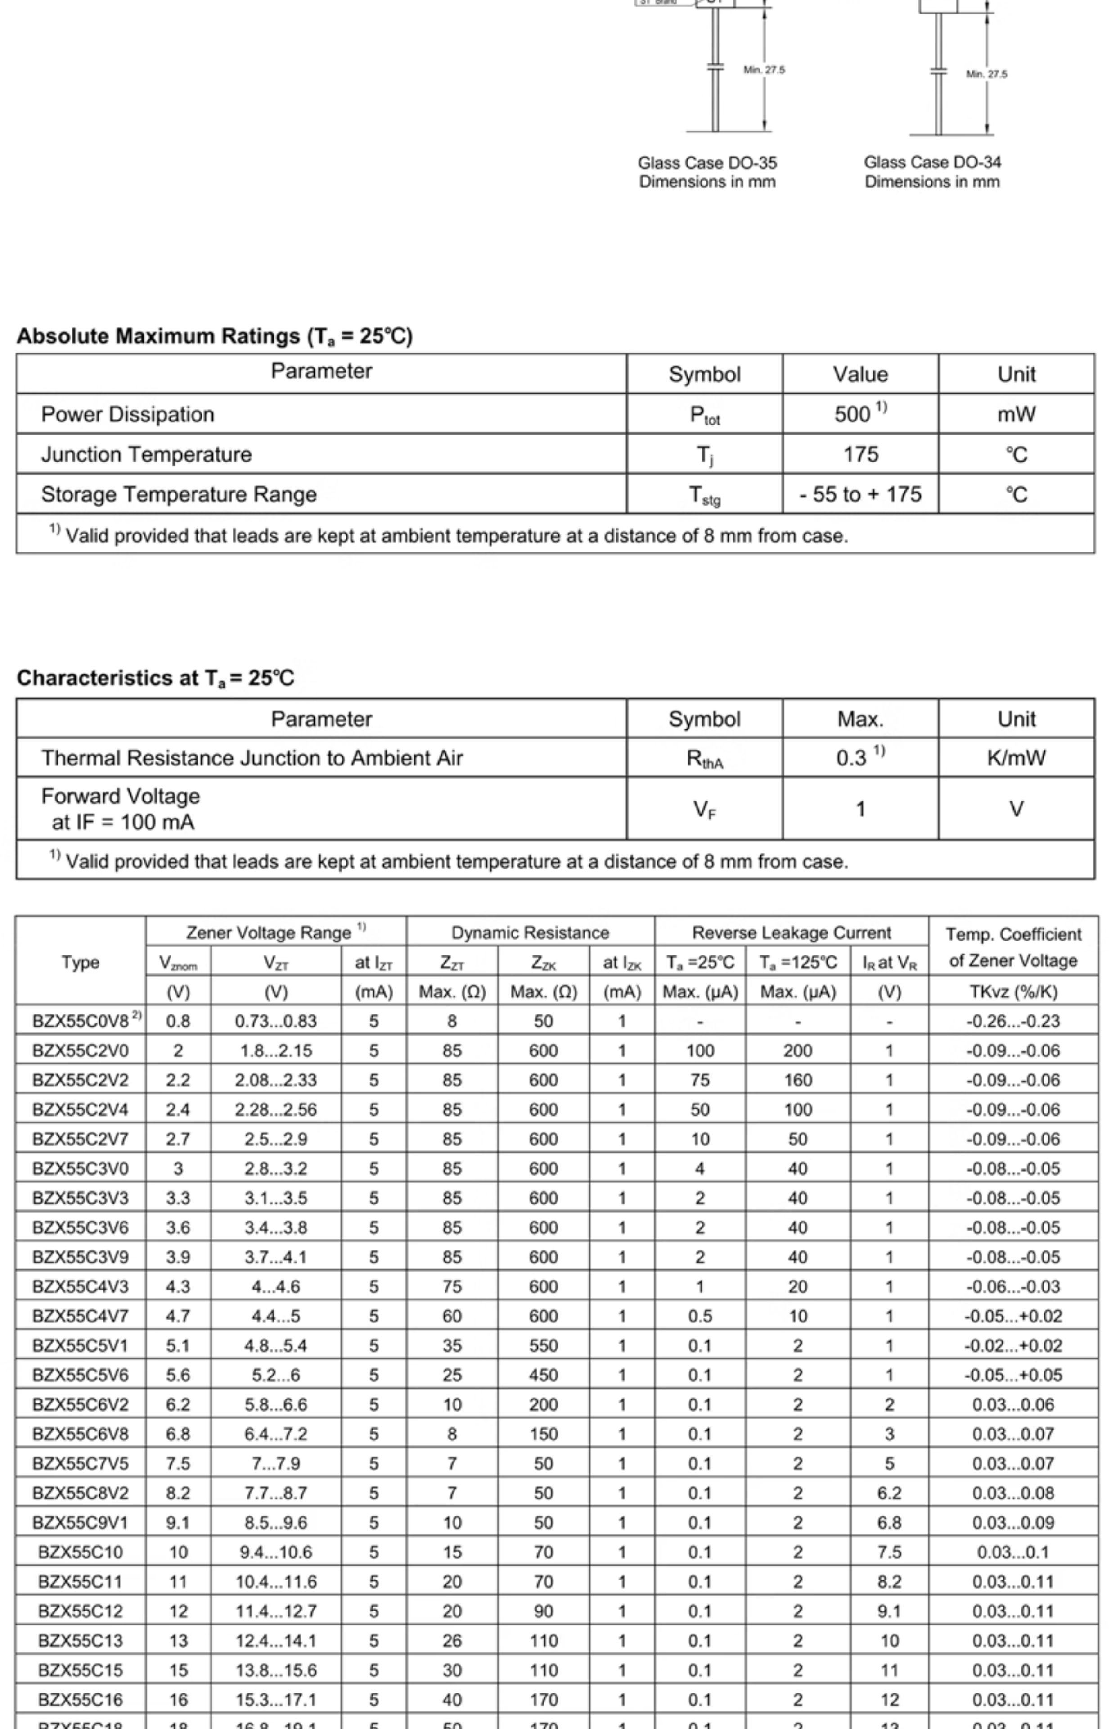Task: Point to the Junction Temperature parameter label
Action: [146, 455]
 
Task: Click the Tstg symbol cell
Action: [704, 495]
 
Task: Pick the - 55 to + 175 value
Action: [860, 494]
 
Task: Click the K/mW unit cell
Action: [1016, 758]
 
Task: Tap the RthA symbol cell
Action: [704, 758]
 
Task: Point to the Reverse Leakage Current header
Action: [792, 932]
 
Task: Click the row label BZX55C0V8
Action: [81, 1022]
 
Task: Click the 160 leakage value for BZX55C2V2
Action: [798, 1080]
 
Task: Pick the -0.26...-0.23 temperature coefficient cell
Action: [1013, 1022]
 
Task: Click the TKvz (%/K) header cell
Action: [1013, 992]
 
